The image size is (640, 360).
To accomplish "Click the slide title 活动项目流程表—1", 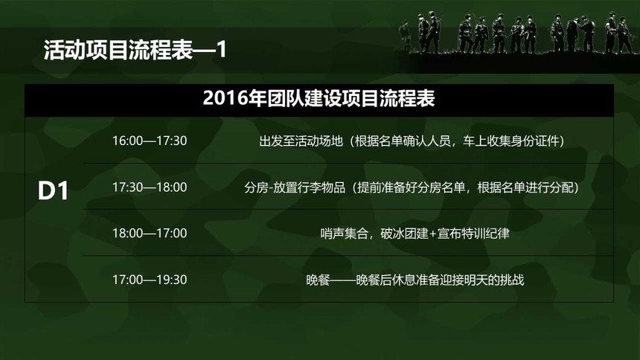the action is point(135,50).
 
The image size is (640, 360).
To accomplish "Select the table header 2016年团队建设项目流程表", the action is point(319,98).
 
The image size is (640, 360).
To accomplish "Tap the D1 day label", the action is point(53,190).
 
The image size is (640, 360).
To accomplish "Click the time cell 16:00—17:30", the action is point(150,141).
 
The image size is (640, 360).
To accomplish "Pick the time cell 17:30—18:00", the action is point(150,187).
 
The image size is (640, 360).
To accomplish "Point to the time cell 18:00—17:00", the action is point(150,234).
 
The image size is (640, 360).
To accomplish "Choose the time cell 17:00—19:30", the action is point(150,280).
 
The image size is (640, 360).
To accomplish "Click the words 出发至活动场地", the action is point(301,141).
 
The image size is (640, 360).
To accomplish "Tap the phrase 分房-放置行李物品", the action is point(295,187).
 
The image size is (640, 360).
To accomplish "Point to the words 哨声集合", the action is point(344,234).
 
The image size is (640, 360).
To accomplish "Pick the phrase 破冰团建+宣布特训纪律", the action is point(445,234).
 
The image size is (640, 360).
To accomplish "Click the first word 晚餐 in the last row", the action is point(318,280).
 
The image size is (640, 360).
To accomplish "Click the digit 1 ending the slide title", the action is point(221,50).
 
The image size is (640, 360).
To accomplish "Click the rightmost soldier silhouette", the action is point(624,35).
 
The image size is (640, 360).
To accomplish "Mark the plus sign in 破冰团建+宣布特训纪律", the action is point(432,234).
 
